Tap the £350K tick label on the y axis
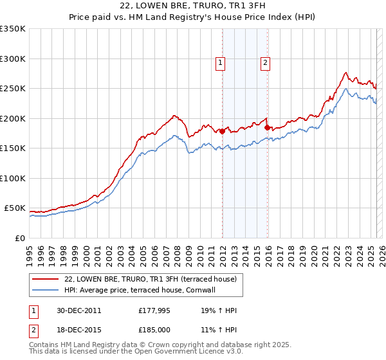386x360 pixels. point(12,29)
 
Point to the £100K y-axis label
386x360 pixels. point(12,178)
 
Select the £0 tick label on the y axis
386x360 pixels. point(20,238)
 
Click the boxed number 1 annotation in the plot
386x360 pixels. point(220,62)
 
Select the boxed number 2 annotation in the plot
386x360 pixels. point(265,62)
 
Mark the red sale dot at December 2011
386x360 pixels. point(223,131)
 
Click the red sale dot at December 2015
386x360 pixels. point(268,127)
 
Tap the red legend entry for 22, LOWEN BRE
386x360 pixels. point(151,279)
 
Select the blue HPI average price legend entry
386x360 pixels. point(142,290)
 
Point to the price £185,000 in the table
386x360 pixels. point(154,328)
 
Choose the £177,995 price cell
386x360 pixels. point(154,310)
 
